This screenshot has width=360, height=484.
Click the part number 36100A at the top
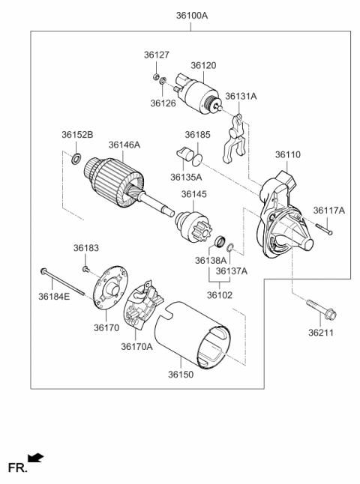(x=191, y=16)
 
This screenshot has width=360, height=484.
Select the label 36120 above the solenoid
(x=203, y=65)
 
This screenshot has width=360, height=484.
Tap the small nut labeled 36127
(x=156, y=76)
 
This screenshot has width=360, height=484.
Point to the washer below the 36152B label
(x=76, y=158)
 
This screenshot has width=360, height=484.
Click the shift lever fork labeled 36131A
(x=233, y=139)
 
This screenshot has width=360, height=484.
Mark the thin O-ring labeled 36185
(x=196, y=160)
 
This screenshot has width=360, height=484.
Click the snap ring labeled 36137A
(x=230, y=247)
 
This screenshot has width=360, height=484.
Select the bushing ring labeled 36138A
(x=220, y=241)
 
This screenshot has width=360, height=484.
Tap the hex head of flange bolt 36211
(x=330, y=315)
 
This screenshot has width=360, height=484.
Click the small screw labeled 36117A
(x=323, y=229)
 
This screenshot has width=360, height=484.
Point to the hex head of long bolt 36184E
(x=43, y=270)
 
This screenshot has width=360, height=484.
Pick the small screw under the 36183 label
(x=85, y=269)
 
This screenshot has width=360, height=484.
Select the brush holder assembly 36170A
(x=142, y=305)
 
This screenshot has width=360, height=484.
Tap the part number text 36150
(x=181, y=375)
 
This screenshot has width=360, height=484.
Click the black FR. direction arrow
(x=35, y=458)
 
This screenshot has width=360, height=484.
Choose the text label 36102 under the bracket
(x=220, y=295)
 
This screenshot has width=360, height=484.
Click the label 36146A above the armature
(x=124, y=145)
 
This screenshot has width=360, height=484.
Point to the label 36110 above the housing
(x=288, y=154)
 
